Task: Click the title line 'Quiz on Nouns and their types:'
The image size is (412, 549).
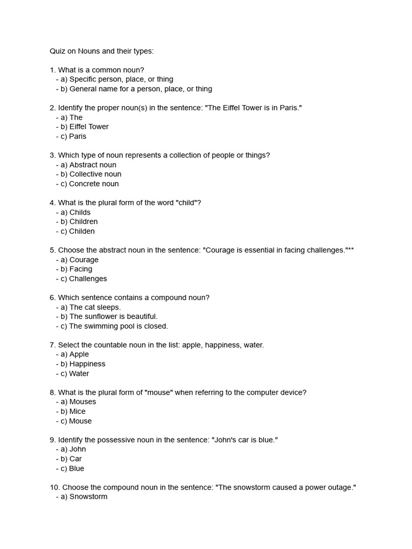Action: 101,51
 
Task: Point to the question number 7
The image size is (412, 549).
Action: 52,345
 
